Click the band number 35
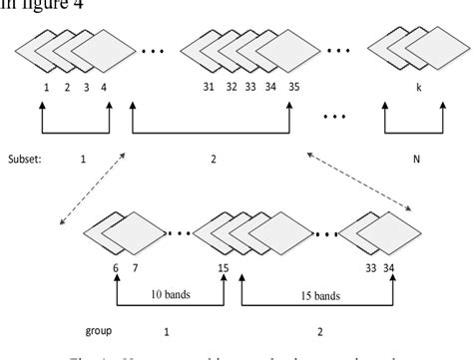click(294, 87)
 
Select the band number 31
click(209, 87)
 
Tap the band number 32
click(232, 87)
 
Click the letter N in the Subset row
click(415, 158)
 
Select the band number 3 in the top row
click(87, 87)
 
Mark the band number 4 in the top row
click(108, 87)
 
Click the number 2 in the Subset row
click(214, 158)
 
